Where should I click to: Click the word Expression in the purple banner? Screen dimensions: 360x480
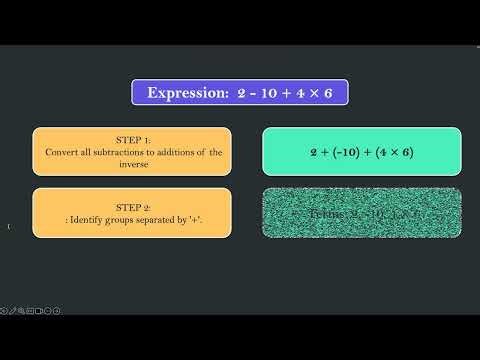tap(187, 93)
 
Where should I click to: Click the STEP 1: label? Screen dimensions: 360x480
tap(131, 140)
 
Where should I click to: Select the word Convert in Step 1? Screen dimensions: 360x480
tap(63, 152)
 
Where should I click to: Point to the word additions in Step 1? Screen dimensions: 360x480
tap(174, 152)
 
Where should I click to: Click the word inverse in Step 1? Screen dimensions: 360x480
tap(132, 164)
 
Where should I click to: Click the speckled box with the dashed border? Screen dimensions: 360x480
tap(361, 213)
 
